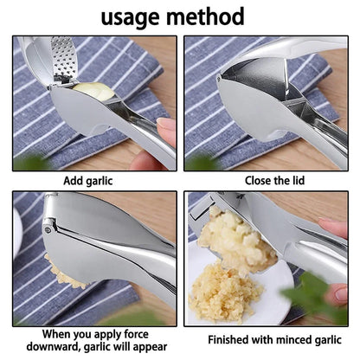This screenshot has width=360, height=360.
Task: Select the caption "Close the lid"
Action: pyautogui.click(x=267, y=180)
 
